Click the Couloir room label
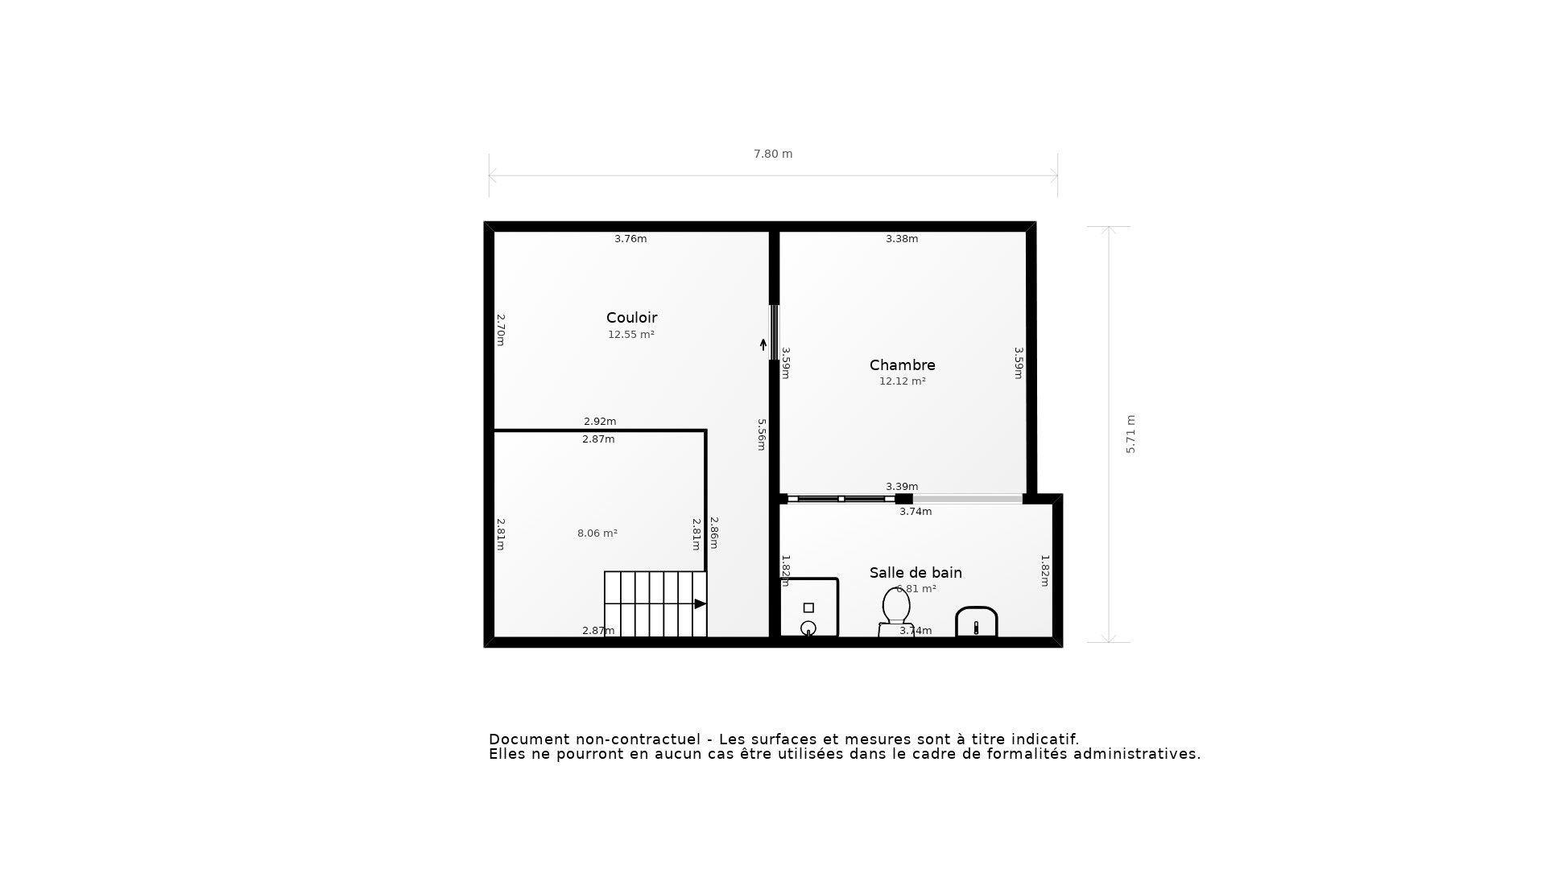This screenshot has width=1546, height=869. (x=631, y=318)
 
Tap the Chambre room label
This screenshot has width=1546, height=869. (x=902, y=365)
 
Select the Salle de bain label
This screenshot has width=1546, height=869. (x=916, y=573)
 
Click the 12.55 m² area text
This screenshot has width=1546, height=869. (x=630, y=335)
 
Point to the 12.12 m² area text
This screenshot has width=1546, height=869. (x=902, y=381)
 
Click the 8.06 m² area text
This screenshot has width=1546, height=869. (x=597, y=533)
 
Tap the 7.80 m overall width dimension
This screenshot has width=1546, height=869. (x=773, y=154)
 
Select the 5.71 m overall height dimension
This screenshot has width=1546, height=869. (x=1131, y=434)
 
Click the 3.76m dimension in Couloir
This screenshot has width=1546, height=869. (x=630, y=239)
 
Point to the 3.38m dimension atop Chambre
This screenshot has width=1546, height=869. (x=902, y=239)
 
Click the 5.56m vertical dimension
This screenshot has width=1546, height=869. (x=761, y=434)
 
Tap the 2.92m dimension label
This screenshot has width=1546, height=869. (x=600, y=422)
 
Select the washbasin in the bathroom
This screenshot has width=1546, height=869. (x=976, y=623)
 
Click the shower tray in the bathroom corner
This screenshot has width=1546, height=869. (x=809, y=609)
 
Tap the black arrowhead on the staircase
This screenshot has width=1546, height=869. (x=700, y=603)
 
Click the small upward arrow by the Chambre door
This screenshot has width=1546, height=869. (x=763, y=344)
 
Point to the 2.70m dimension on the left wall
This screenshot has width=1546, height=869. (x=500, y=330)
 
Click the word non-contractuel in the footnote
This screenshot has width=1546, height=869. (x=648, y=739)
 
